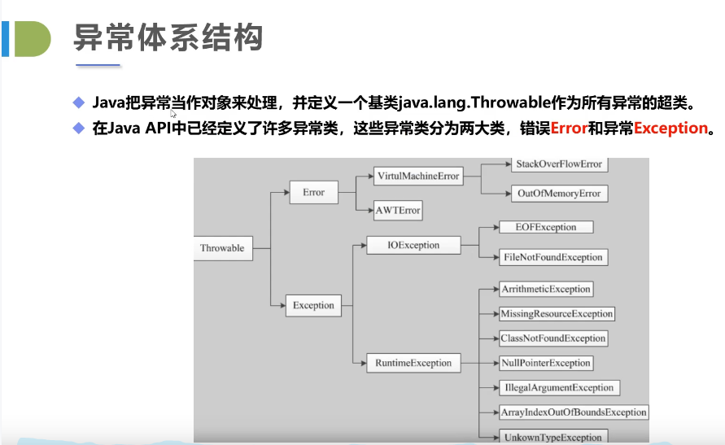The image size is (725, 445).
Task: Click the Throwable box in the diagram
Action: point(222,248)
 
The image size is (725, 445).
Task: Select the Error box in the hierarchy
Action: point(313,192)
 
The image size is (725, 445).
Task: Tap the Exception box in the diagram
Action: point(313,305)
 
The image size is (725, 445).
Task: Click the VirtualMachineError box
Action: point(418,176)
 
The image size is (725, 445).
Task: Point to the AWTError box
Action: point(398,210)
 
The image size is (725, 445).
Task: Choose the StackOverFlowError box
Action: point(558,164)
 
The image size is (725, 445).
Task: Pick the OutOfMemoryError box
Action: point(558,194)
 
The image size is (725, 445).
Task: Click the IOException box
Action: point(414,245)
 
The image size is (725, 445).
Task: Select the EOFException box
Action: point(546,227)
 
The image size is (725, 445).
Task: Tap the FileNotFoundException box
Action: point(552,257)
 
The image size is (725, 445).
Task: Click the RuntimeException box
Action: point(413,362)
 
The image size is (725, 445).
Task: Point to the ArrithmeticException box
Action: point(546,289)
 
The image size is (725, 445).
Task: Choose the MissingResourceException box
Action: point(557,313)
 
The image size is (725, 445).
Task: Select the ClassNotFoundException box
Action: point(553,338)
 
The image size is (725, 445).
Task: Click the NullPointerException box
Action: point(546,363)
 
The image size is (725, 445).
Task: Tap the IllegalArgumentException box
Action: point(558,387)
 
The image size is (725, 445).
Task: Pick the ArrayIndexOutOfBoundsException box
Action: point(574,412)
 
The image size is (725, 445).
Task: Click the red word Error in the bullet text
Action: point(570,128)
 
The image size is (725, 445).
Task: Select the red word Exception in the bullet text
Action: point(670,128)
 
